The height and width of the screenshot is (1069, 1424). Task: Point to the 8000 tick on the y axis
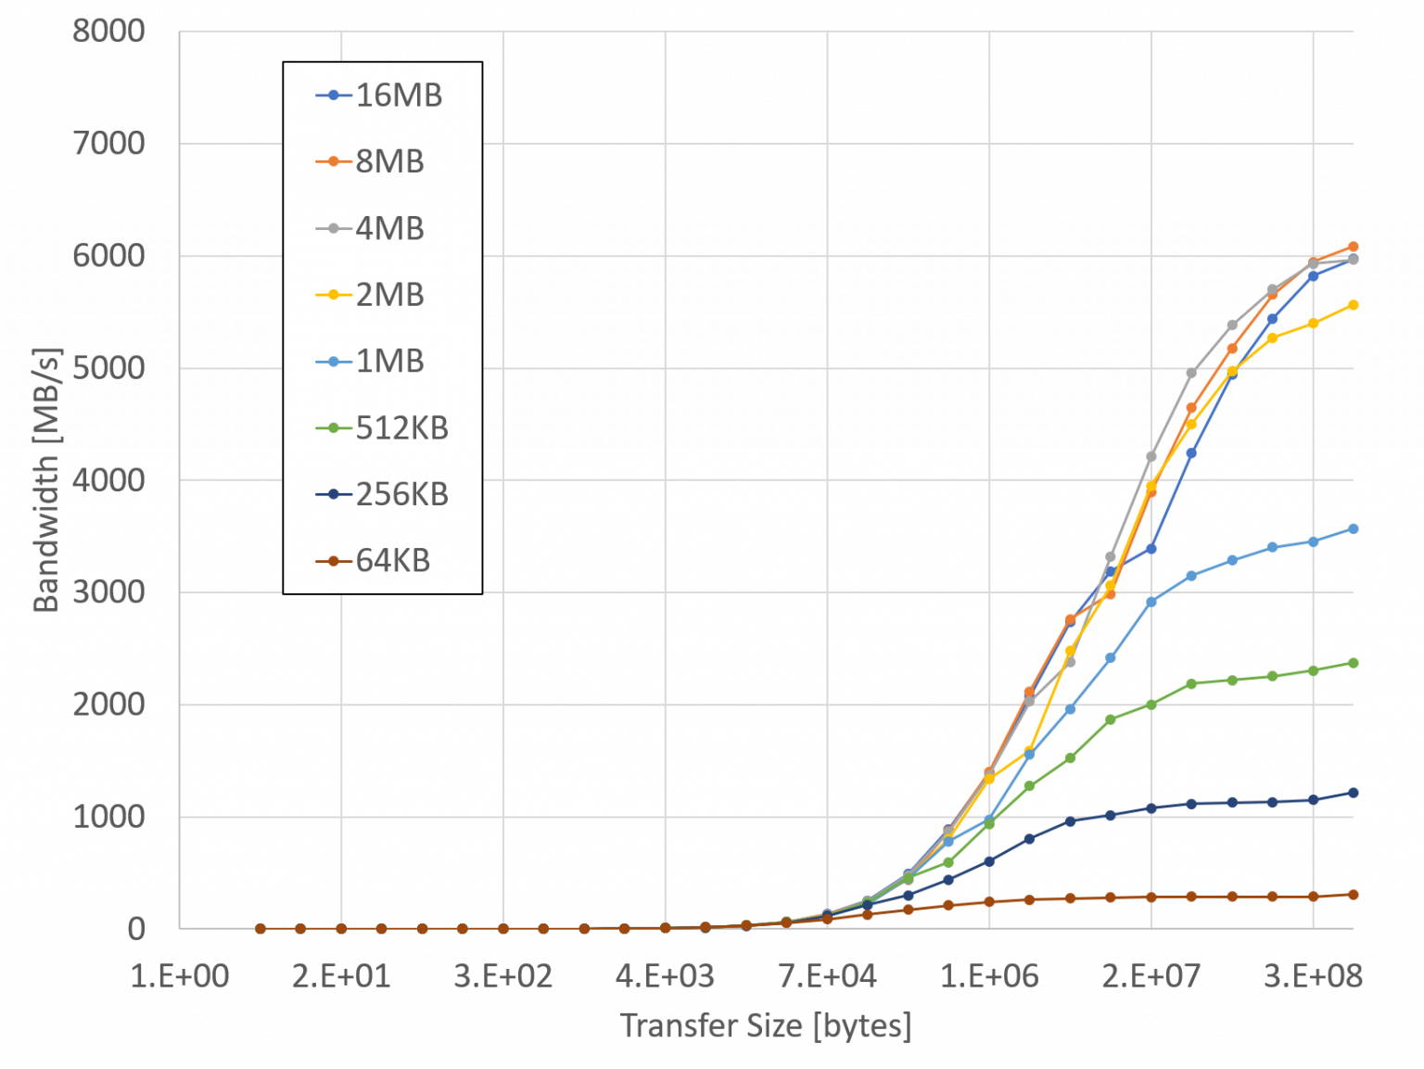coord(108,32)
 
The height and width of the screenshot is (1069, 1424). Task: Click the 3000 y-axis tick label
coord(108,592)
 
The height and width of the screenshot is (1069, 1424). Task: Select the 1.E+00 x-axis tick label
coord(180,975)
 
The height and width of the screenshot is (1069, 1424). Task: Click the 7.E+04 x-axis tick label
coord(827,975)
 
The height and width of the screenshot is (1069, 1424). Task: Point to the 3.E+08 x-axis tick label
coord(1313,975)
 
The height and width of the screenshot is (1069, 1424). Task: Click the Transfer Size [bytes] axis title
coord(766,1025)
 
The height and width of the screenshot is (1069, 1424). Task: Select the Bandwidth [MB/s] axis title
coord(45,479)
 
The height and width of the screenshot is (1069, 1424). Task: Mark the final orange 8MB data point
coord(1353,247)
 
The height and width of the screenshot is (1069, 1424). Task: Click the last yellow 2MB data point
coord(1353,305)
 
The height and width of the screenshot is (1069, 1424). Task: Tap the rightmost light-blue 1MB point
coord(1353,529)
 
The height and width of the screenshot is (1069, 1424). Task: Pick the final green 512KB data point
coord(1353,663)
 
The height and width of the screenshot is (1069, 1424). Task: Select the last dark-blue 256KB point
coord(1353,793)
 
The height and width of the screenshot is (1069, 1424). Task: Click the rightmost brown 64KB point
coord(1353,895)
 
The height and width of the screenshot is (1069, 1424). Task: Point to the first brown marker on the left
coord(261,928)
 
